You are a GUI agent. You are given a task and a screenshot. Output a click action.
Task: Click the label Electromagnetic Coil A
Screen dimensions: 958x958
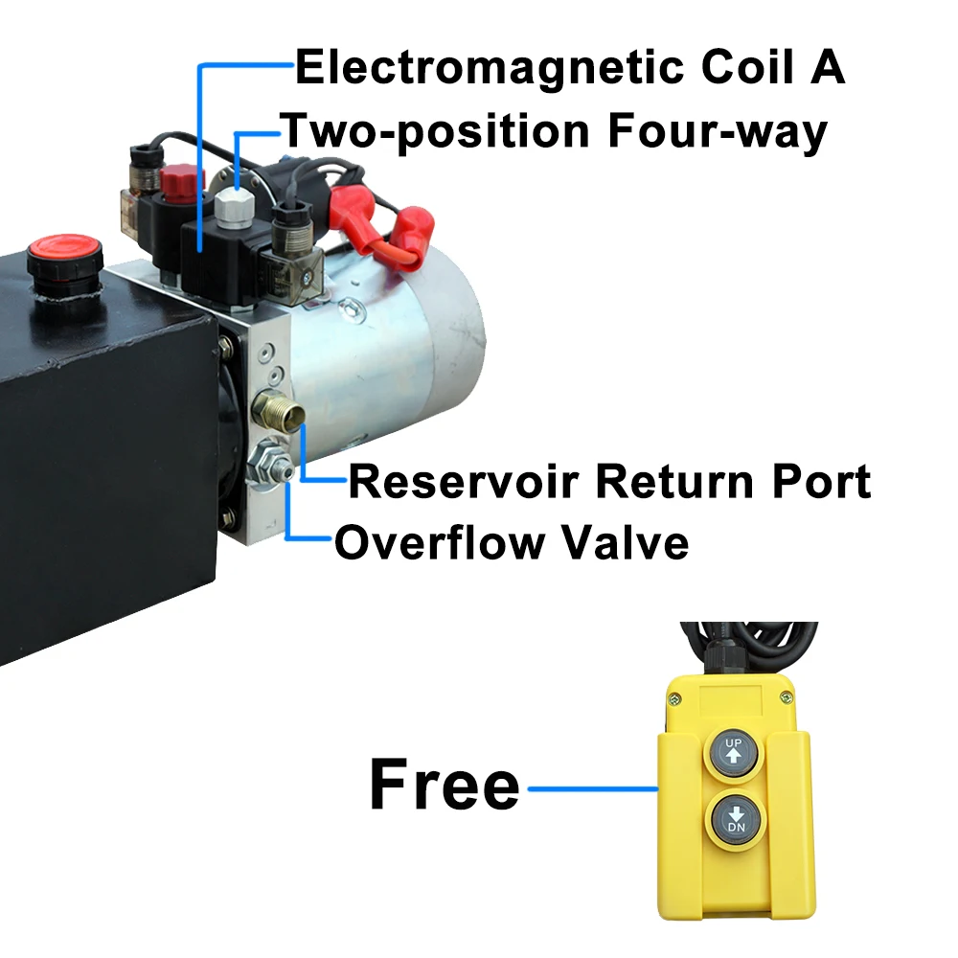(x=569, y=68)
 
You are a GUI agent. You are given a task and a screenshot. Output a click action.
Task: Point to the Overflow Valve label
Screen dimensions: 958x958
(x=511, y=543)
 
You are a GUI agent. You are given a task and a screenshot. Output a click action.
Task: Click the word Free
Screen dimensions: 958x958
(x=444, y=786)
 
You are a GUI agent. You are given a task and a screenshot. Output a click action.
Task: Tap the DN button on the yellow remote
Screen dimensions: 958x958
(x=735, y=819)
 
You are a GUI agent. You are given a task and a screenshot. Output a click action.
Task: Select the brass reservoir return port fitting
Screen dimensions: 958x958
(x=277, y=413)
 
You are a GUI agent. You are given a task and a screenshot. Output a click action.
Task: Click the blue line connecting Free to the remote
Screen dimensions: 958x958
(x=593, y=788)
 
